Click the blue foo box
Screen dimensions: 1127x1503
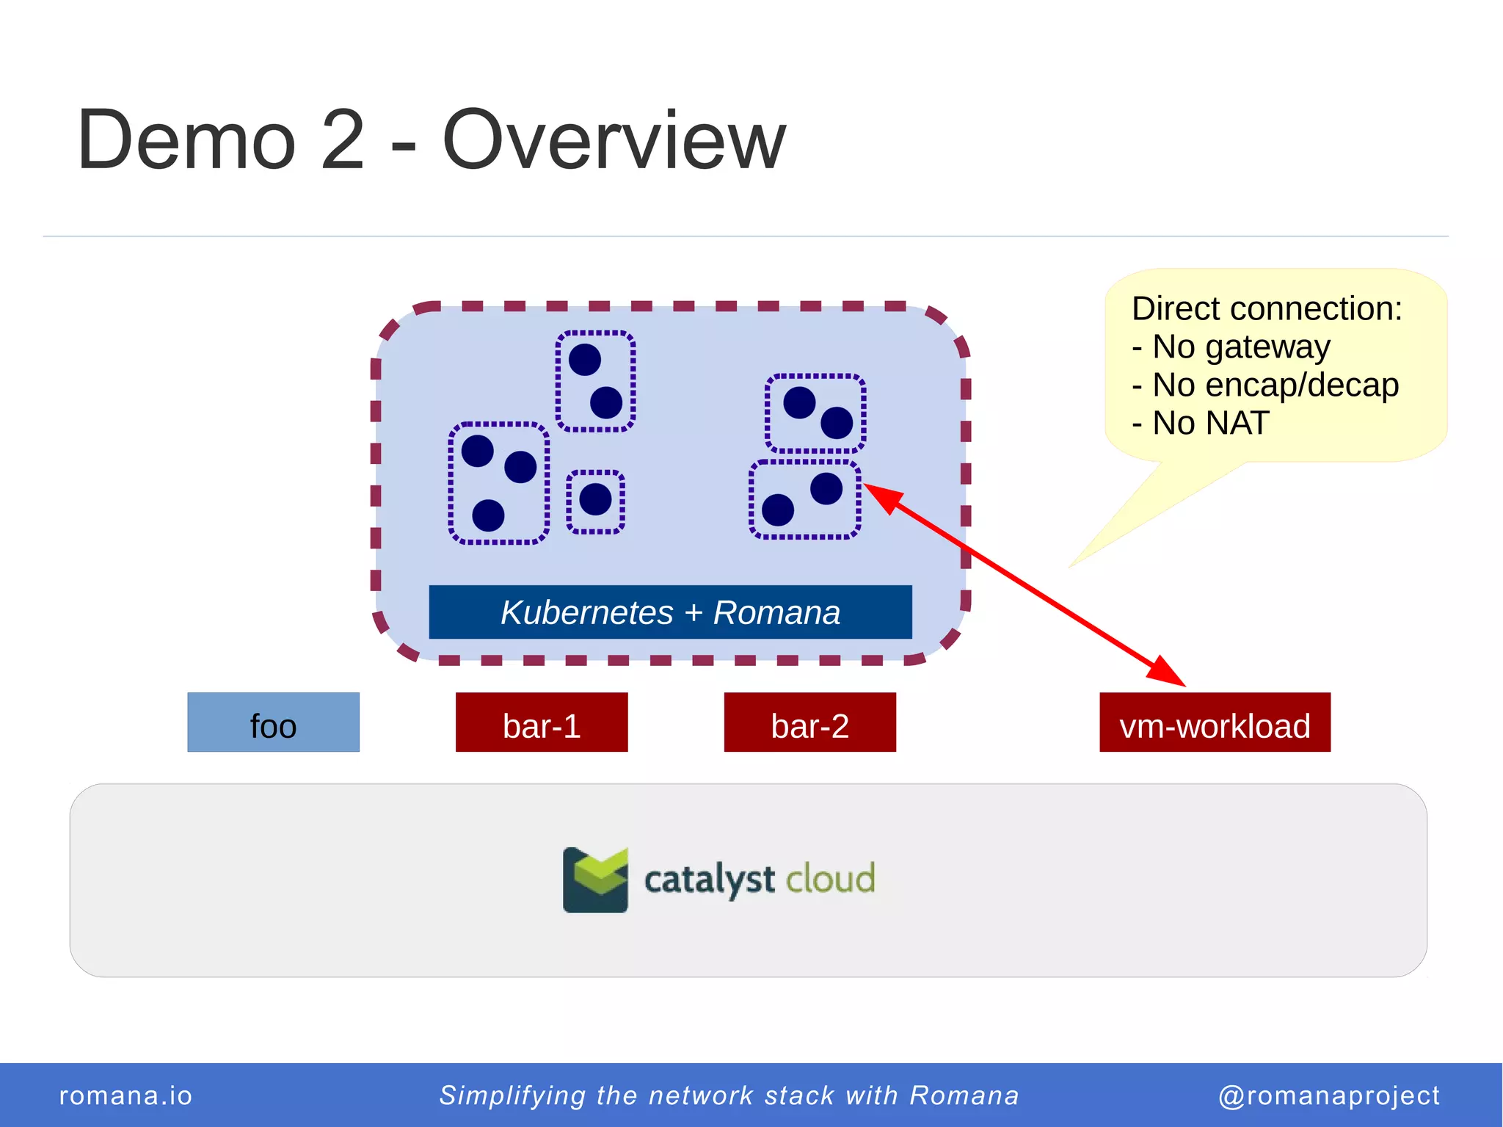[x=273, y=722]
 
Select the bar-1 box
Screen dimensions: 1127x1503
[x=542, y=722]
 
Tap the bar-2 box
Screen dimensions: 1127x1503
[x=809, y=722]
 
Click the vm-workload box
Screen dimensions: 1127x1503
[x=1215, y=722]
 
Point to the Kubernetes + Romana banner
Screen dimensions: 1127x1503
[x=670, y=612]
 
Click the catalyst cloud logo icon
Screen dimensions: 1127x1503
[x=595, y=880]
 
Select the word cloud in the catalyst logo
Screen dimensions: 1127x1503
[x=830, y=879]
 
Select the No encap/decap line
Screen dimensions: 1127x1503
[x=1266, y=385]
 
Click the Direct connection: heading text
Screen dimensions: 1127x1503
[x=1267, y=308]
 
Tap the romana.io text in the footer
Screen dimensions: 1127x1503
[x=125, y=1095]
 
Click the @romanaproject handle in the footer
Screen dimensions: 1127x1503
[x=1328, y=1095]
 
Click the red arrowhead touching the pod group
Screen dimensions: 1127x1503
[x=884, y=497]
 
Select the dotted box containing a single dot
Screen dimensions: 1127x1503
[x=595, y=501]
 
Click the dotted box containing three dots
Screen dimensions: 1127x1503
[x=498, y=483]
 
